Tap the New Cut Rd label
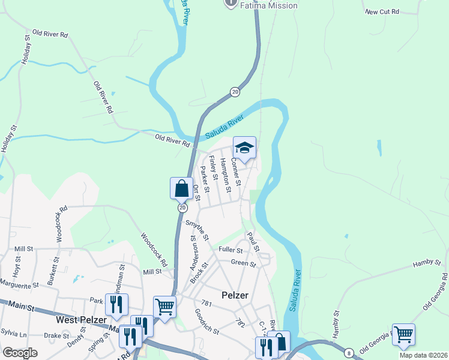tap(381, 11)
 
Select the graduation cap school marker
tap(244, 148)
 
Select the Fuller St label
tap(231, 250)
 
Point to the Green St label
tap(244, 263)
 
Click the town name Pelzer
tap(235, 295)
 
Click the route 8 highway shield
tap(349, 353)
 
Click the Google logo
tap(20, 353)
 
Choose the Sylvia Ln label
tap(14, 332)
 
